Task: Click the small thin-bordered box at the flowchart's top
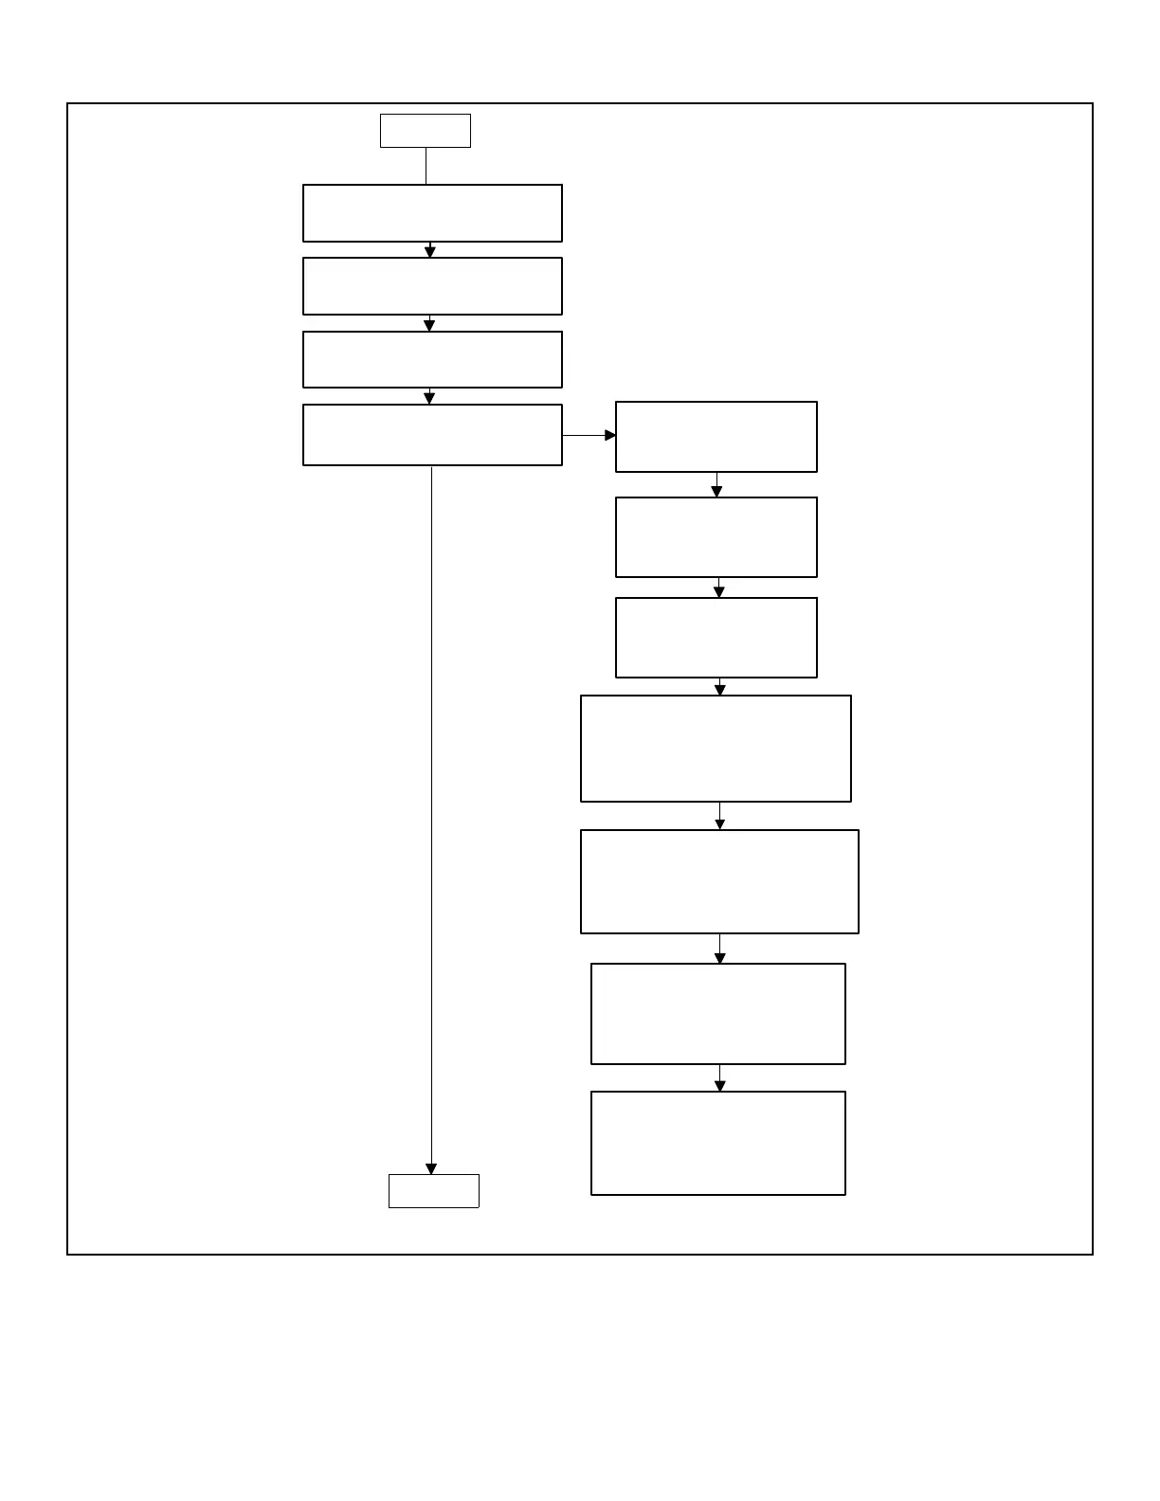pyautogui.click(x=426, y=131)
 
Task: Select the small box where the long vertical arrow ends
pyautogui.click(x=434, y=1191)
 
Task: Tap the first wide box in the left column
pyautogui.click(x=432, y=213)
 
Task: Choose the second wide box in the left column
pyautogui.click(x=432, y=286)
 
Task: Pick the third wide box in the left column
pyautogui.click(x=432, y=359)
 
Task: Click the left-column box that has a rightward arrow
pyautogui.click(x=432, y=435)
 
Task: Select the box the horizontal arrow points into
pyautogui.click(x=716, y=437)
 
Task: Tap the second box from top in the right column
pyautogui.click(x=716, y=537)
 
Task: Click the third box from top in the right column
pyautogui.click(x=716, y=638)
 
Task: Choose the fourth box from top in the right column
pyautogui.click(x=716, y=749)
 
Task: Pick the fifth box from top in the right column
pyautogui.click(x=719, y=882)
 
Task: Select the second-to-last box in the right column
pyautogui.click(x=718, y=1014)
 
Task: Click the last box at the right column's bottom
pyautogui.click(x=718, y=1143)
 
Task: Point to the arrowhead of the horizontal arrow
pyautogui.click(x=610, y=436)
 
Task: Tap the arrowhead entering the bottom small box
pyautogui.click(x=431, y=1169)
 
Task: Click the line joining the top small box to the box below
pyautogui.click(x=426, y=166)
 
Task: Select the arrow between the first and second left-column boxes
pyautogui.click(x=430, y=250)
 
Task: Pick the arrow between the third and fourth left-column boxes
pyautogui.click(x=429, y=396)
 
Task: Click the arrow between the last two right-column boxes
pyautogui.click(x=719, y=1078)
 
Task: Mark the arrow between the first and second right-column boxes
pyautogui.click(x=716, y=485)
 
